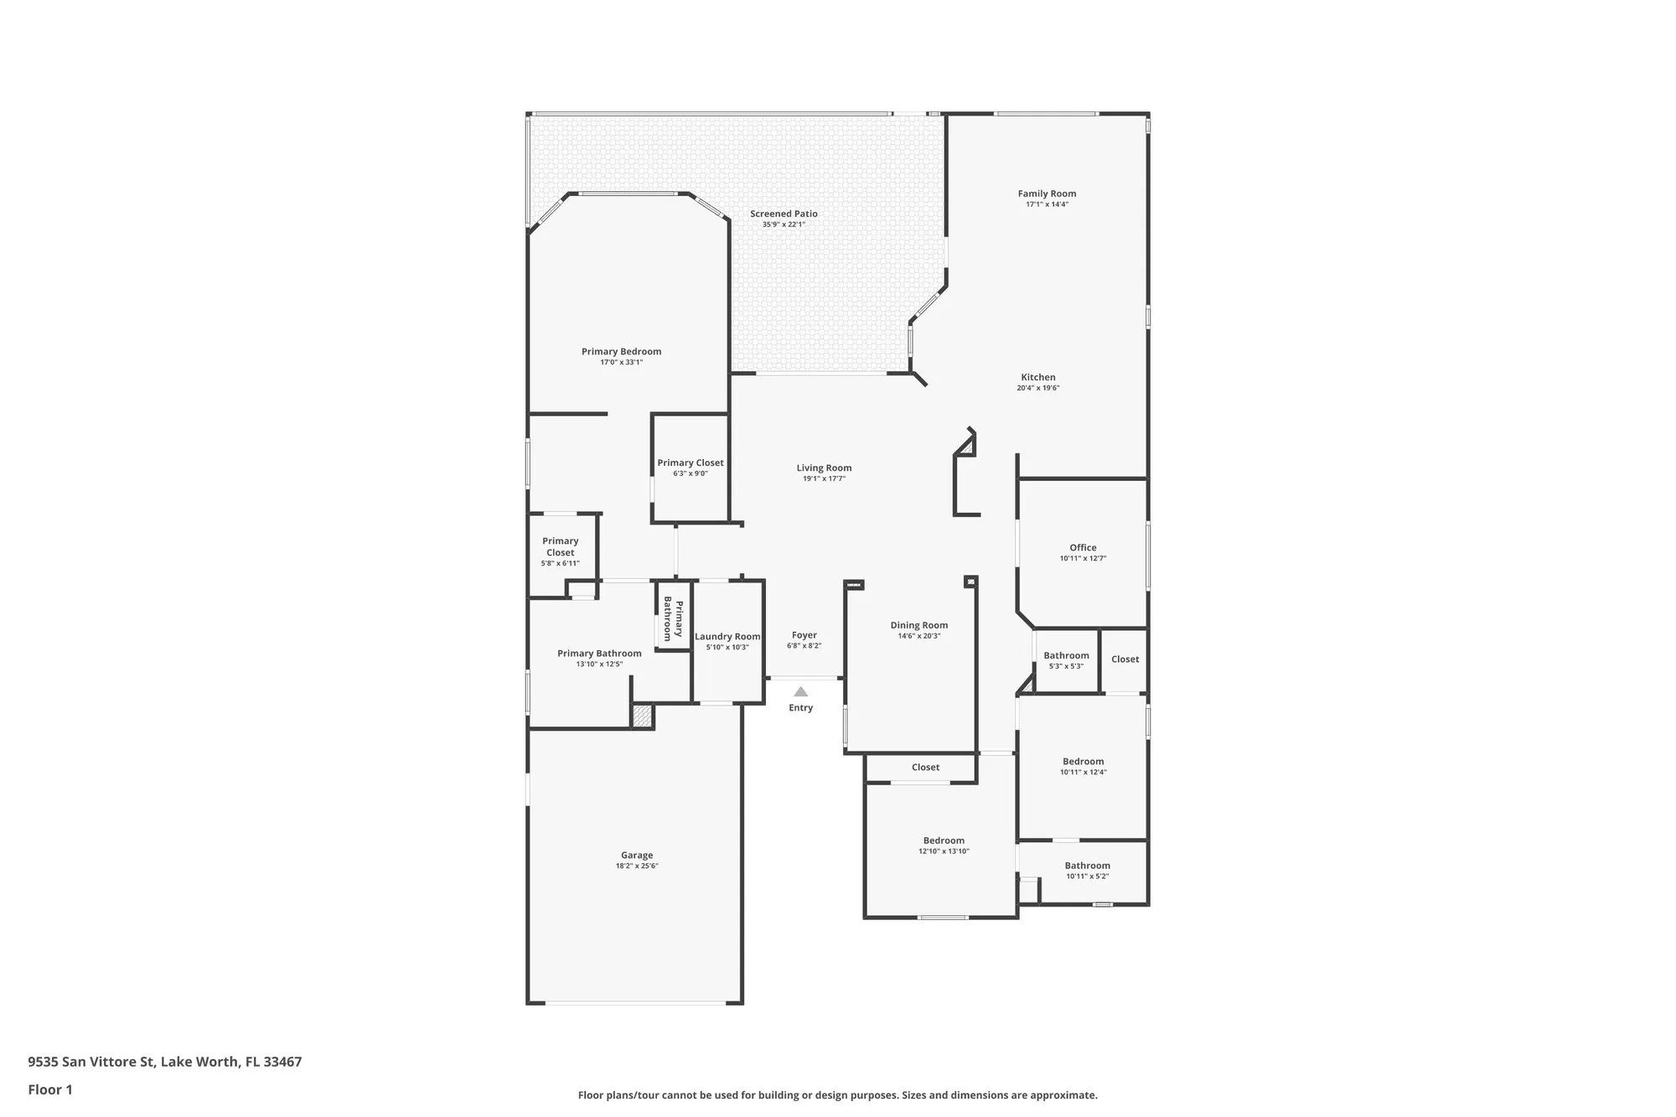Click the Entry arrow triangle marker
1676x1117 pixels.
[x=800, y=692]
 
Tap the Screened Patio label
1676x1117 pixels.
[x=784, y=214]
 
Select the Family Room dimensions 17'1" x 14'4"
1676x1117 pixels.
[x=1047, y=204]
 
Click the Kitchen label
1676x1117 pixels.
[x=1037, y=377]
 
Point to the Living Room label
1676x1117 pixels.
[x=824, y=468]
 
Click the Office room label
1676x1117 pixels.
[x=1083, y=548]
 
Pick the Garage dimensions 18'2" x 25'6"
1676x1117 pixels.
[x=637, y=866]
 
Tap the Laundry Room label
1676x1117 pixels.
[x=727, y=637]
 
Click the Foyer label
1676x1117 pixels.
[x=804, y=635]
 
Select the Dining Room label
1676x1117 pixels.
[x=918, y=625]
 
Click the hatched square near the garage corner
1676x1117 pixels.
[x=641, y=716]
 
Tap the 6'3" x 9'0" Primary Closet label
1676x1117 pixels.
[x=690, y=463]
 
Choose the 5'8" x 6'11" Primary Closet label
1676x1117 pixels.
[x=560, y=547]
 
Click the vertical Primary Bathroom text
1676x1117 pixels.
[x=673, y=619]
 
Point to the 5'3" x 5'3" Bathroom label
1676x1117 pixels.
[x=1066, y=656]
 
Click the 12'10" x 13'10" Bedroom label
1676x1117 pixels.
[x=944, y=841]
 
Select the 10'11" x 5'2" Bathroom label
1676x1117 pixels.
[x=1087, y=866]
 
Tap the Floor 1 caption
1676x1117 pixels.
[x=50, y=1089]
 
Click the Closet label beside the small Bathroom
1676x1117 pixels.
[x=1125, y=659]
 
